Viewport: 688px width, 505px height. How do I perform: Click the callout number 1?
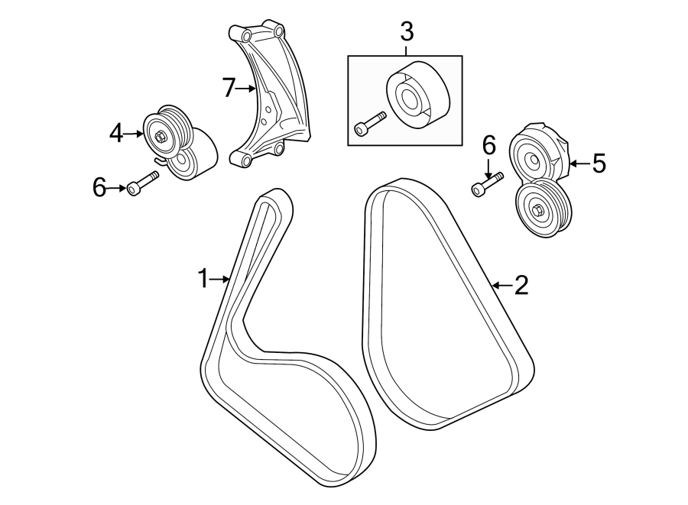pos(203,279)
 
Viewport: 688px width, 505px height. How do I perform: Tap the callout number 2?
pos(521,286)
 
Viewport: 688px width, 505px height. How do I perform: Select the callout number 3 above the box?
pos(406,32)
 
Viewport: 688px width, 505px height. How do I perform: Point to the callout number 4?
pos(116,134)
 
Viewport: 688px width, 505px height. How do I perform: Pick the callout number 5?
pos(598,162)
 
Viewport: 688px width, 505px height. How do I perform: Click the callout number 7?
pos(229,89)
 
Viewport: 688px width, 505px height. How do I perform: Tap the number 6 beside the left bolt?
pos(99,188)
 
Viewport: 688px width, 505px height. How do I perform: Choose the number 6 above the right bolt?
pos(489,145)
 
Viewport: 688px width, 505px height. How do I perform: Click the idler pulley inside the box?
pos(417,95)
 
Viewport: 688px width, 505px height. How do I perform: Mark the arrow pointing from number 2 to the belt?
pos(501,286)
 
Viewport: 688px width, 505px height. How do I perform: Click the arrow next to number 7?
pos(247,89)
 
